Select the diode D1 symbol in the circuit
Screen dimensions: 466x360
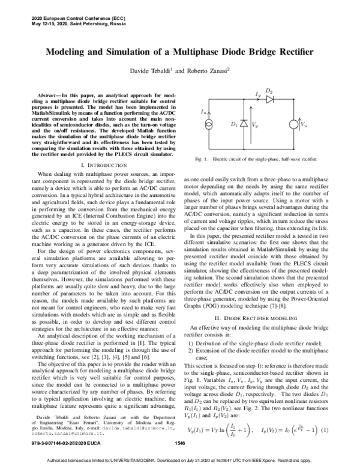click(244, 124)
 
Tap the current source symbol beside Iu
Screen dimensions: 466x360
click(208, 124)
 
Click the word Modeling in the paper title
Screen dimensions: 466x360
click(73, 53)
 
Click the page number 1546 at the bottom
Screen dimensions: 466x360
click(178, 443)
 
